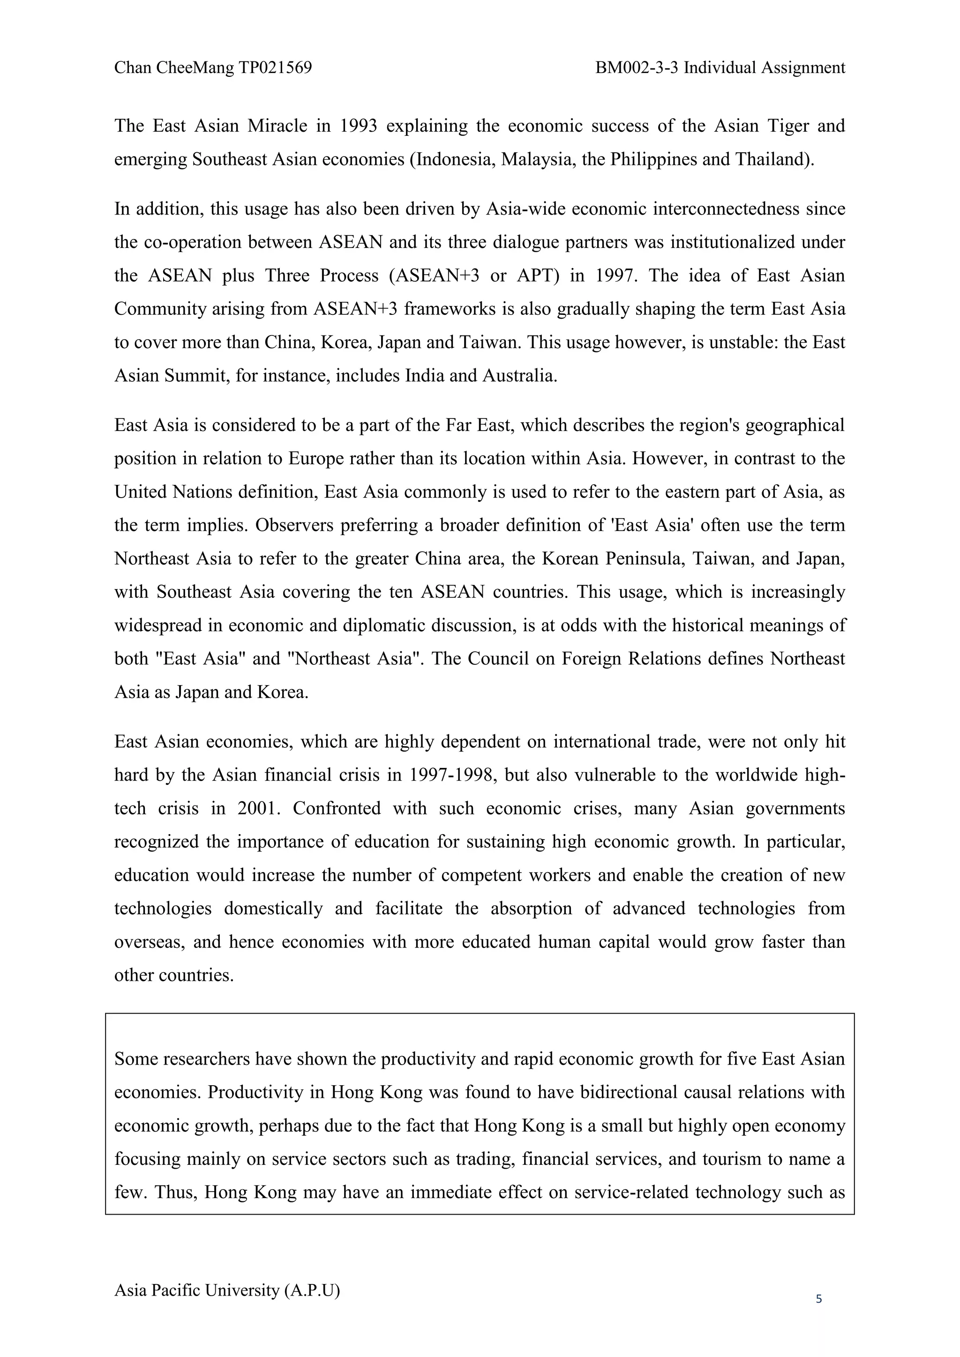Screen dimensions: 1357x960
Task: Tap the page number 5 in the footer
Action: click(x=819, y=1299)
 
